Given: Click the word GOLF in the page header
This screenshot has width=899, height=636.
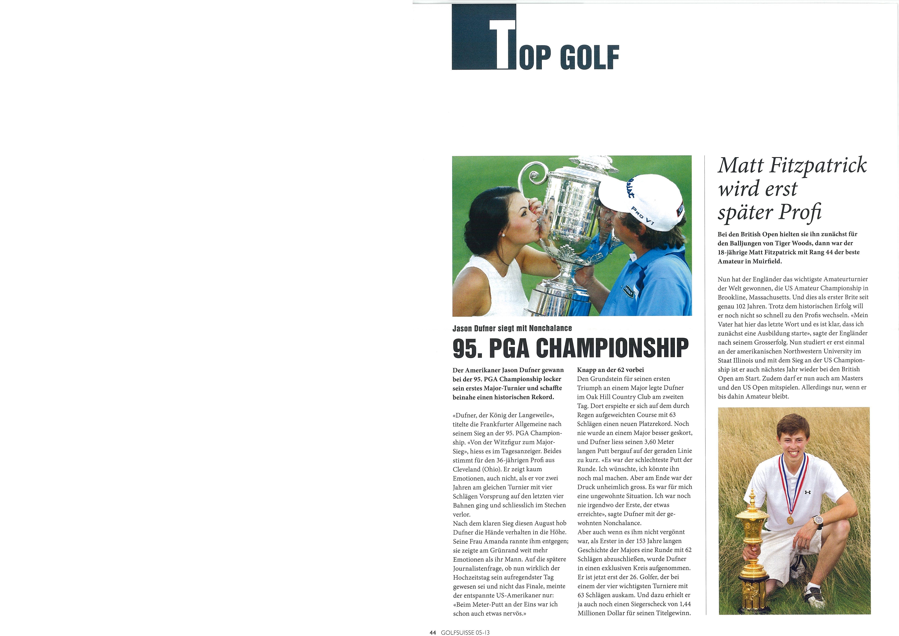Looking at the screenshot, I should click(589, 58).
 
